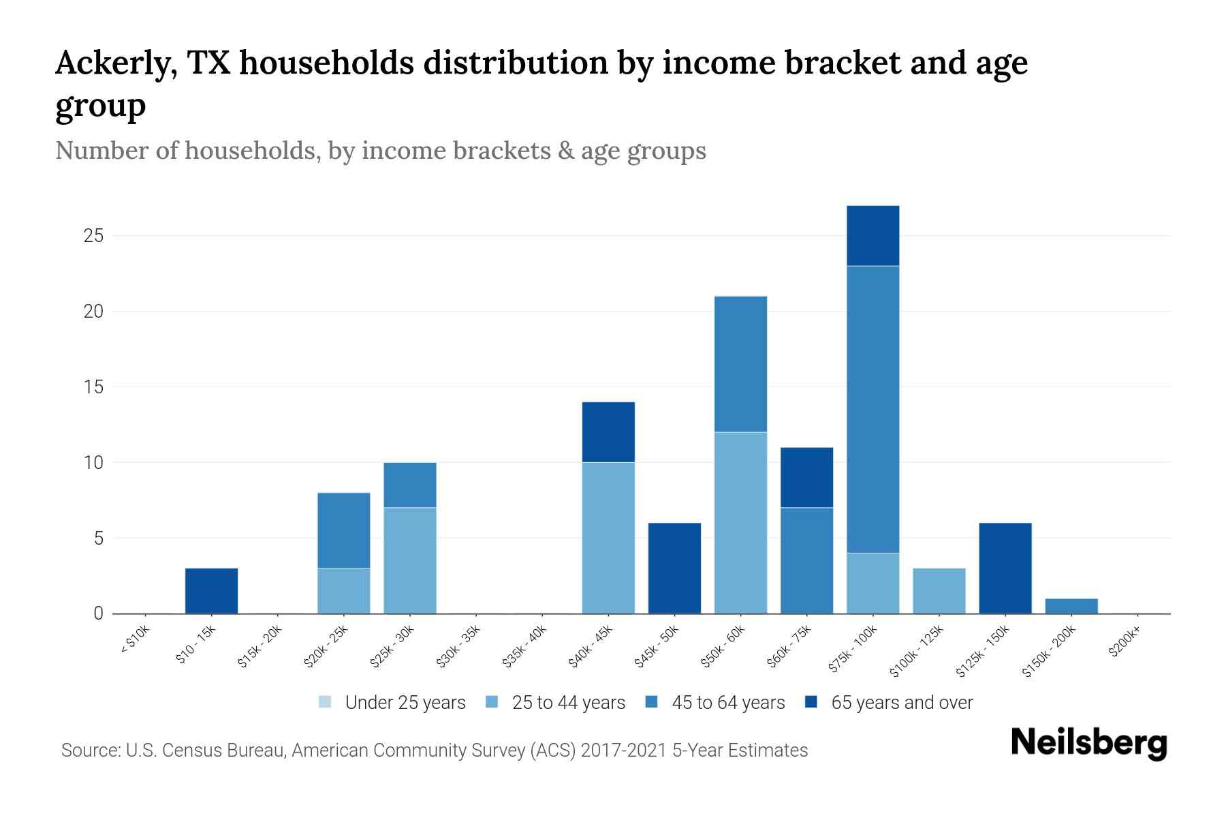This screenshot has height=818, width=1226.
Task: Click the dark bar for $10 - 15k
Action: pos(211,590)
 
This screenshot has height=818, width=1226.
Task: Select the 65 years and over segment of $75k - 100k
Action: pos(873,236)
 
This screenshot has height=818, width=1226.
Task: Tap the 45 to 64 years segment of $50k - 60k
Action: pos(740,364)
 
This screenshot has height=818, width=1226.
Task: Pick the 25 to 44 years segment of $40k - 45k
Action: pos(608,538)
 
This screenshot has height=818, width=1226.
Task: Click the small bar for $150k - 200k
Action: pos(1071,606)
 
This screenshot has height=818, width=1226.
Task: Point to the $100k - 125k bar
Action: pos(939,590)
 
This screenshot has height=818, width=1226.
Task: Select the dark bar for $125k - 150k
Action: pos(1005,568)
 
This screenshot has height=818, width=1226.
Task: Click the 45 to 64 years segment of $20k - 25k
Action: pos(343,530)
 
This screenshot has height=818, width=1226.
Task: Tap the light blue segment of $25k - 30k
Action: pos(409,560)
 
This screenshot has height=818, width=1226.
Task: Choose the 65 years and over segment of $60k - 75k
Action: pos(806,477)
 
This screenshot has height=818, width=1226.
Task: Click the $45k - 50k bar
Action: pos(674,568)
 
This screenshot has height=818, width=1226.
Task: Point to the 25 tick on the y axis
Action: pos(93,236)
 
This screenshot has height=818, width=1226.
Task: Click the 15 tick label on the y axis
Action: pos(93,387)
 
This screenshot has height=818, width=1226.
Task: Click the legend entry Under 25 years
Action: pos(405,703)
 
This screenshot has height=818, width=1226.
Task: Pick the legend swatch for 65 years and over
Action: pos(811,702)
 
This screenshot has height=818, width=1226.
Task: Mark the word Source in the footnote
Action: pos(89,751)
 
